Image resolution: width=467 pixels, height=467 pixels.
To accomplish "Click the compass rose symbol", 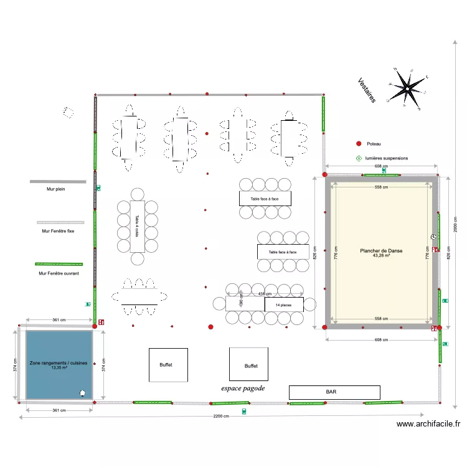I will tap(407, 89).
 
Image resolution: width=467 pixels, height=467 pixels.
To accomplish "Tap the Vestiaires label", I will tap(367, 90).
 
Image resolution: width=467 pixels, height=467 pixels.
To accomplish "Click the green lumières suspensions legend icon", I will tap(358, 158).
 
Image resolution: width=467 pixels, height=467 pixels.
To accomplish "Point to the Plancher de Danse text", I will tap(381, 251).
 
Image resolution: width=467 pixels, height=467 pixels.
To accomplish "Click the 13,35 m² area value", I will tap(59, 367).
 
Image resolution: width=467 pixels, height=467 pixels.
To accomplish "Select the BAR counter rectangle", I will tap(334, 392).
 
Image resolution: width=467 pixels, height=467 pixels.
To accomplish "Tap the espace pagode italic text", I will tap(243, 388).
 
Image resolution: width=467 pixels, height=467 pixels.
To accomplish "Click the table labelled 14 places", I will tap(284, 304).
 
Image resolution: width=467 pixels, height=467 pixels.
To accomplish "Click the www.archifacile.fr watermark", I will tap(429, 424).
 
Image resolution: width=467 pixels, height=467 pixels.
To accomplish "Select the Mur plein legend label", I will tap(56, 188).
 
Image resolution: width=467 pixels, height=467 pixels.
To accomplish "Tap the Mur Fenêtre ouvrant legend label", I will tap(59, 273).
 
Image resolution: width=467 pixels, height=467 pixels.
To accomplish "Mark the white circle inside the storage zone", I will tap(82, 392).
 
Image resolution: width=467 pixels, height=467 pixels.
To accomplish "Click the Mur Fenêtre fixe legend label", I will tap(58, 230).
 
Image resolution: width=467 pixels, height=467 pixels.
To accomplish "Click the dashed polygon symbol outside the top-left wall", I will tap(67, 112).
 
